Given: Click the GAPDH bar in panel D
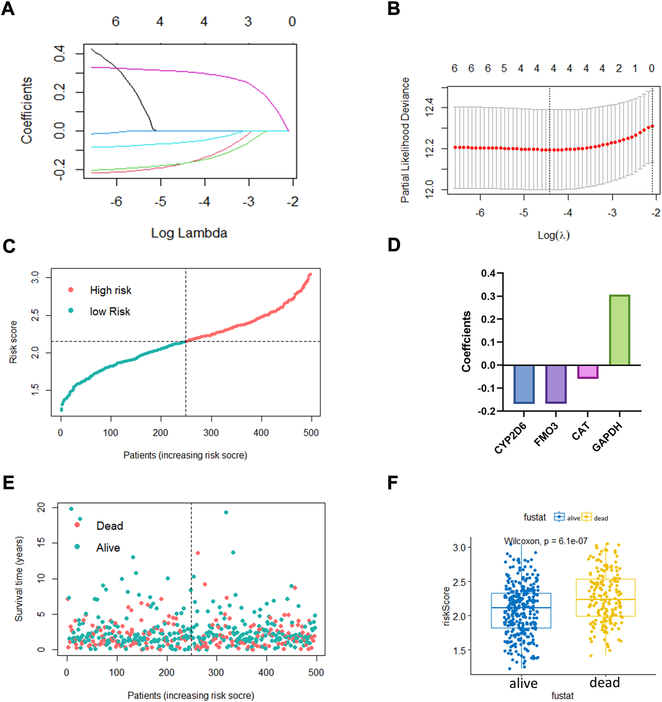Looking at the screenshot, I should click(619, 330).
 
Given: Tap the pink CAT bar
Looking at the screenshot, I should click(588, 371).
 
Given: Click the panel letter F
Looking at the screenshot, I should click(393, 483).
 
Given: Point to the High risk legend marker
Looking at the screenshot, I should click(71, 290).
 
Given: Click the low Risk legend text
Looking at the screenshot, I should click(110, 312).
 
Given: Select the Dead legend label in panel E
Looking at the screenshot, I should click(109, 526).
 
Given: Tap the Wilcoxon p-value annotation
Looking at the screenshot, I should click(546, 541).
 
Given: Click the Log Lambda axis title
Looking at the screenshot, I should click(189, 233).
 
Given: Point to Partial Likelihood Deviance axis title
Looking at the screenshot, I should click(405, 140).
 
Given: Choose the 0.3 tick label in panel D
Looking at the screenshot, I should click(488, 296).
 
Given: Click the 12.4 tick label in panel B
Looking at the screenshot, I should click(430, 108).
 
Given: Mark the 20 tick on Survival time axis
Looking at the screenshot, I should click(42, 508).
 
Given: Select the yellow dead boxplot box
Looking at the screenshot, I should click(605, 597).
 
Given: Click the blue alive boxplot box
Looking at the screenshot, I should click(521, 611).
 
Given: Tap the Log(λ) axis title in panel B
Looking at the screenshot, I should click(553, 235).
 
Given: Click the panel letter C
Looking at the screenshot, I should click(9, 247).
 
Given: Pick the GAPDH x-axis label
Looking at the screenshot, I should click(607, 436).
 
